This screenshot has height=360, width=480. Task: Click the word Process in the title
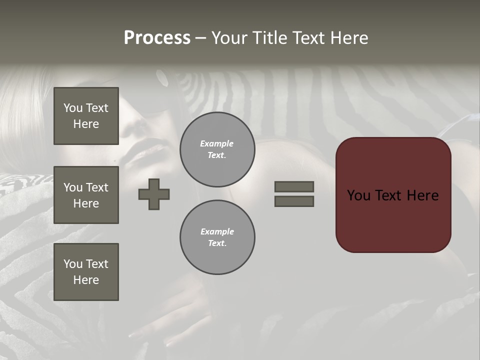tap(157, 38)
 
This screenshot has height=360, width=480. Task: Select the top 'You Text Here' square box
tap(86, 116)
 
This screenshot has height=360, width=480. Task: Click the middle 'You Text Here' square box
tap(86, 195)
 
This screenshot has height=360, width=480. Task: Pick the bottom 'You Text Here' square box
tap(86, 272)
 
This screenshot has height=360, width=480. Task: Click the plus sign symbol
tap(154, 194)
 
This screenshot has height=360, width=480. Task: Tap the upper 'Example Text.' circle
tap(217, 149)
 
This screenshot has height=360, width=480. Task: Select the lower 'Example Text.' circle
tap(217, 237)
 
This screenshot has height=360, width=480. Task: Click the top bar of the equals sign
tap(294, 186)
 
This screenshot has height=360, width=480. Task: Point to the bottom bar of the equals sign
tap(294, 201)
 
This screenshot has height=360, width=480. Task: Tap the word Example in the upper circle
tap(217, 143)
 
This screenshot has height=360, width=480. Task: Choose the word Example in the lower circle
tap(217, 231)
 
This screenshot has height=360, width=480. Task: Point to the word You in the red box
tap(358, 195)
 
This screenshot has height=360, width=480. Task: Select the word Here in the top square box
tap(86, 124)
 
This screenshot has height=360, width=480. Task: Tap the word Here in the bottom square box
tap(86, 280)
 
